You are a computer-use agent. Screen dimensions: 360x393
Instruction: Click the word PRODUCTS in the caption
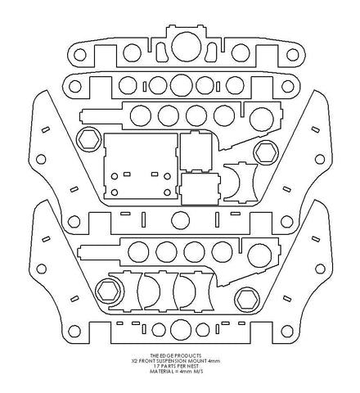(x=188, y=355)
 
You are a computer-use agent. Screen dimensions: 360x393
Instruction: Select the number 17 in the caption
(x=156, y=366)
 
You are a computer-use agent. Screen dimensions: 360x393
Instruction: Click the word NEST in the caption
(x=193, y=366)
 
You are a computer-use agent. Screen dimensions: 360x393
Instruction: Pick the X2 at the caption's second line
(x=133, y=361)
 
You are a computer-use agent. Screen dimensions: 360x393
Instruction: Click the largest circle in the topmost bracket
(x=187, y=47)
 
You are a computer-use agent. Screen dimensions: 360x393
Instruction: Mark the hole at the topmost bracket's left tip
(x=79, y=54)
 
